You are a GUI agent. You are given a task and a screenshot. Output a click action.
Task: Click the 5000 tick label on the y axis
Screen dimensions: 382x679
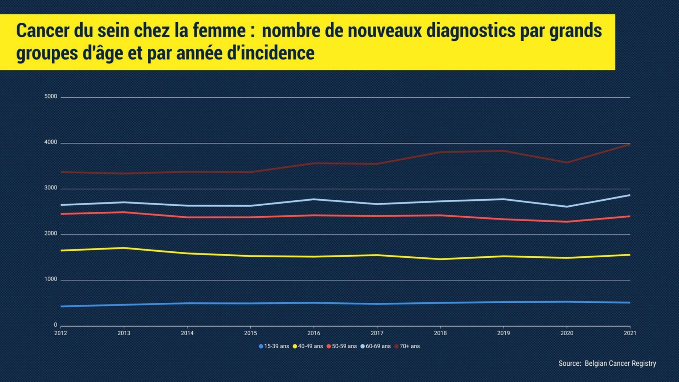tap(51, 97)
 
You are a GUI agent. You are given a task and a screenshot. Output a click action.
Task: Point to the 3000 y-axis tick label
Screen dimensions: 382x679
tap(51, 188)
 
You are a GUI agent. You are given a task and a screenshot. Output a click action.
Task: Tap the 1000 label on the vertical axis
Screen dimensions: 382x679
tap(51, 279)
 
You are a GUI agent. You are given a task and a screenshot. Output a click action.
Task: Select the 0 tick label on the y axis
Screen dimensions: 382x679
tap(55, 325)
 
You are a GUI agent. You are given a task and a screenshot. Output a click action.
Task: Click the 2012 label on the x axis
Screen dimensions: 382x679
tap(60, 333)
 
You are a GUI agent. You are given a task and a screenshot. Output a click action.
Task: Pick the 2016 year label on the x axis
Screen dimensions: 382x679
tap(314, 333)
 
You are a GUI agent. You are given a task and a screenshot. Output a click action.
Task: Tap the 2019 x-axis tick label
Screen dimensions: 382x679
tap(504, 333)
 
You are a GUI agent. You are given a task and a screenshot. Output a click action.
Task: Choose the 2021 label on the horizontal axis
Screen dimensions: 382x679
tap(630, 333)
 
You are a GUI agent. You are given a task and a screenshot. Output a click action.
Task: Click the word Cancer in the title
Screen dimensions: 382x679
tap(42, 31)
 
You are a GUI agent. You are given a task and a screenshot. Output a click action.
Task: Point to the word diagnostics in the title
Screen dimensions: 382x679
tap(471, 31)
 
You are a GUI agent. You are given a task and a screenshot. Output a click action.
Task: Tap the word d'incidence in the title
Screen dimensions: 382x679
tap(270, 53)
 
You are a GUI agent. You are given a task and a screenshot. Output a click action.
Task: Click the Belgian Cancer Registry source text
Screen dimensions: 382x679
tap(620, 364)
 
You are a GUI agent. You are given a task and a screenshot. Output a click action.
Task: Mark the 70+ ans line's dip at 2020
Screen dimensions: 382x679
tap(567, 163)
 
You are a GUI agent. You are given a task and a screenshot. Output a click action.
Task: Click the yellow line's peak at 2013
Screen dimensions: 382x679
tap(124, 248)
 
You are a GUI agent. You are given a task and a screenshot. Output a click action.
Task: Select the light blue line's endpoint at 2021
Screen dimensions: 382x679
tap(629, 195)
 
